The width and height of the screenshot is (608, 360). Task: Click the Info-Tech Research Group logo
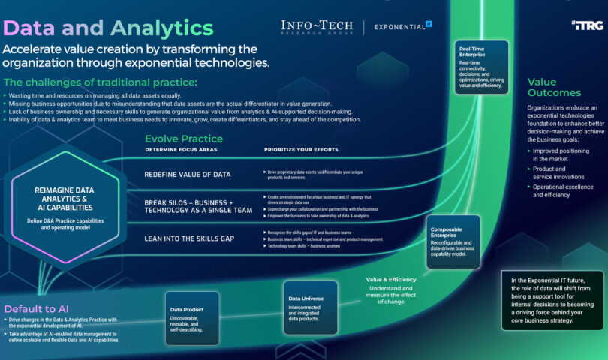click(x=316, y=28)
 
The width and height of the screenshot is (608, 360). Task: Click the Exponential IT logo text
click(x=402, y=28)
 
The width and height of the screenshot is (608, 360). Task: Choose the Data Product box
click(x=191, y=319)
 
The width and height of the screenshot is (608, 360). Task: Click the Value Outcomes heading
click(x=554, y=87)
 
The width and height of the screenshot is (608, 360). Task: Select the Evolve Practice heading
click(x=184, y=138)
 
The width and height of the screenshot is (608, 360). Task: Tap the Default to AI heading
click(x=37, y=308)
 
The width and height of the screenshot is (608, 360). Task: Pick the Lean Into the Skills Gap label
click(x=189, y=238)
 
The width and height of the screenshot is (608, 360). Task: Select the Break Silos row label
click(x=198, y=206)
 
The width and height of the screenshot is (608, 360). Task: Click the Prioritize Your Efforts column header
click(x=301, y=150)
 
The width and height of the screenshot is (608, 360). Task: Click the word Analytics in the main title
click(x=161, y=28)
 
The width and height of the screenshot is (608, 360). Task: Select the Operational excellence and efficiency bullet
click(x=562, y=190)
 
